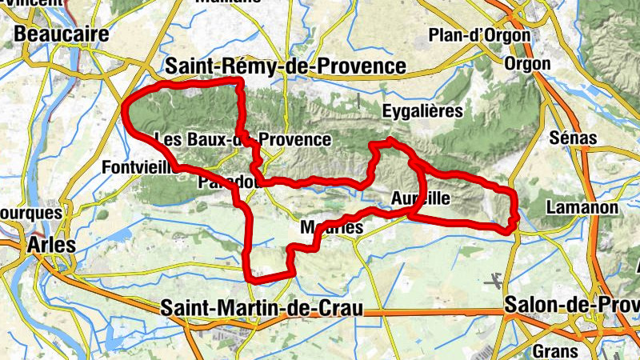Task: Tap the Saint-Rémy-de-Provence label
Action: click(284, 66)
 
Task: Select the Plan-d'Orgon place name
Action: click(479, 35)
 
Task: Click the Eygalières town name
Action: click(422, 111)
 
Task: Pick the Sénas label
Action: click(574, 138)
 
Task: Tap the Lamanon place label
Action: click(582, 208)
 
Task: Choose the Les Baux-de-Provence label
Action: click(241, 139)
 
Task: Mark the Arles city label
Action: click(53, 245)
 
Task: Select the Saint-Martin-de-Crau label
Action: click(262, 307)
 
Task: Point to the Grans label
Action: click(554, 350)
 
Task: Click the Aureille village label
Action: click(421, 198)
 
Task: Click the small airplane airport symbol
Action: click(494, 281)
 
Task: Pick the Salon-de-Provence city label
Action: click(571, 305)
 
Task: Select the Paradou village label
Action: click(226, 182)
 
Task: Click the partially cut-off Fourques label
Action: click(30, 214)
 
